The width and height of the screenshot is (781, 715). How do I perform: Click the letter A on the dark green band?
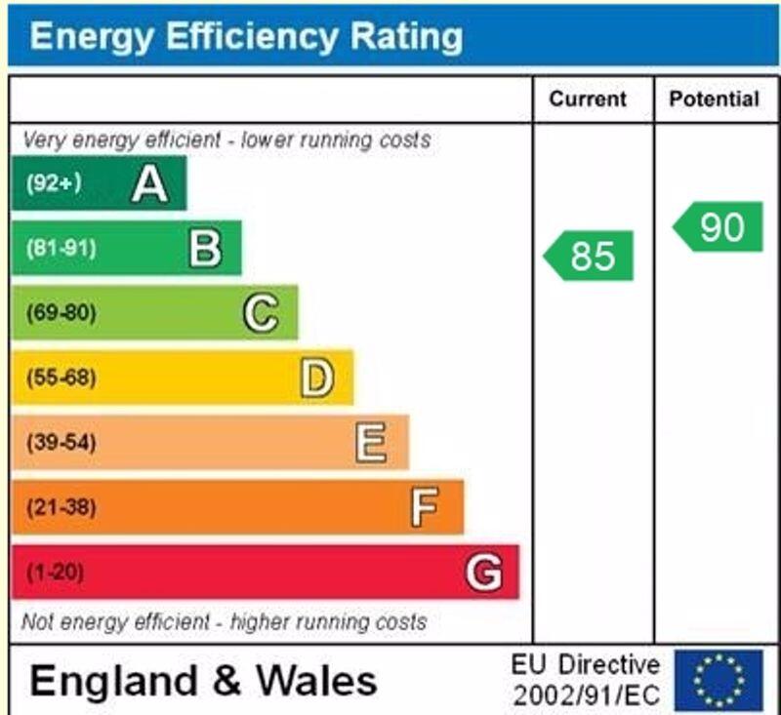click(149, 183)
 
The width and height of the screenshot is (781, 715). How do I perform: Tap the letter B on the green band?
click(205, 248)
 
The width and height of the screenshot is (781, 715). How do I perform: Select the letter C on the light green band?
click(261, 313)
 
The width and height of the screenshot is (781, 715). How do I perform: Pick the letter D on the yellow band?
click(316, 377)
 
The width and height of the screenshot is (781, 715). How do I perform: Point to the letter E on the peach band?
click(371, 443)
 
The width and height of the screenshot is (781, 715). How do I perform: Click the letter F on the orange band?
click(425, 507)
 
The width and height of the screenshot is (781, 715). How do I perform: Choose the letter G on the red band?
click(483, 572)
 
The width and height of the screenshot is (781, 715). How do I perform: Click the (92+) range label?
click(54, 183)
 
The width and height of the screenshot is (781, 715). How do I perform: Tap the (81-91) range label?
click(61, 248)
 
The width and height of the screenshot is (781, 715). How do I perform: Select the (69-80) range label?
click(61, 313)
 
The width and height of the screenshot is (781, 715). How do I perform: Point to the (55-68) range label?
click(61, 377)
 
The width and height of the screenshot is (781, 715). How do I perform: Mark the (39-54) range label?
click(61, 443)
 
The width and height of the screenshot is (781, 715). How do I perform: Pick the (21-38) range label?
click(61, 507)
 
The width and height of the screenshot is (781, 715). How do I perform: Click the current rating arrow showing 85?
click(590, 256)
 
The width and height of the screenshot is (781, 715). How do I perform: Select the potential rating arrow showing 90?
click(719, 227)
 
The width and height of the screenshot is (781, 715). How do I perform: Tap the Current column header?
click(588, 99)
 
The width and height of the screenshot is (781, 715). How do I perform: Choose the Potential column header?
click(714, 99)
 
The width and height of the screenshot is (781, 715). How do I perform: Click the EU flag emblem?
click(719, 680)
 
